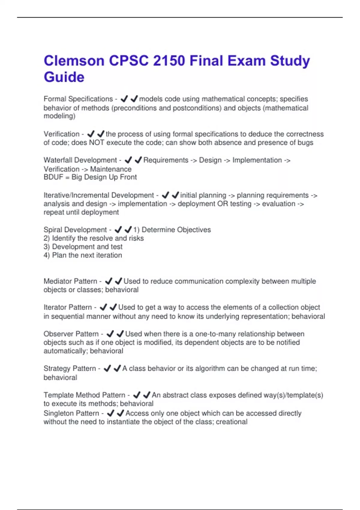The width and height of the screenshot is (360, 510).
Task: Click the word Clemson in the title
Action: click(74, 61)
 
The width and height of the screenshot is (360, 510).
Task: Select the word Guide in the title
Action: click(64, 77)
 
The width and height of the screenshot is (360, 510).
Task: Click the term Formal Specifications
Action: click(78, 99)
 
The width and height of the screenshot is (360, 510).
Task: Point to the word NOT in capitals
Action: click(97, 142)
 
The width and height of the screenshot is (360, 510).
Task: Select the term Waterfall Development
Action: click(80, 160)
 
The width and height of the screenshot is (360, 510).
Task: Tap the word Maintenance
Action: click(111, 169)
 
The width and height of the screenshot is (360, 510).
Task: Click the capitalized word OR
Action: click(223, 204)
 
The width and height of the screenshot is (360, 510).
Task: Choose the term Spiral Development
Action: click(75, 230)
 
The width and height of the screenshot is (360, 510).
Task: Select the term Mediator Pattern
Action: click(70, 281)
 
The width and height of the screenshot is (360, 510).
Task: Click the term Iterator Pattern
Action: click(67, 307)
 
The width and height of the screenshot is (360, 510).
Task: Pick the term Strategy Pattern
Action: click(70, 368)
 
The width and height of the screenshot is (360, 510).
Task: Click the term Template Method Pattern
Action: click(84, 395)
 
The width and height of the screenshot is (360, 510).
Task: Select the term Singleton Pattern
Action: click(71, 413)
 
